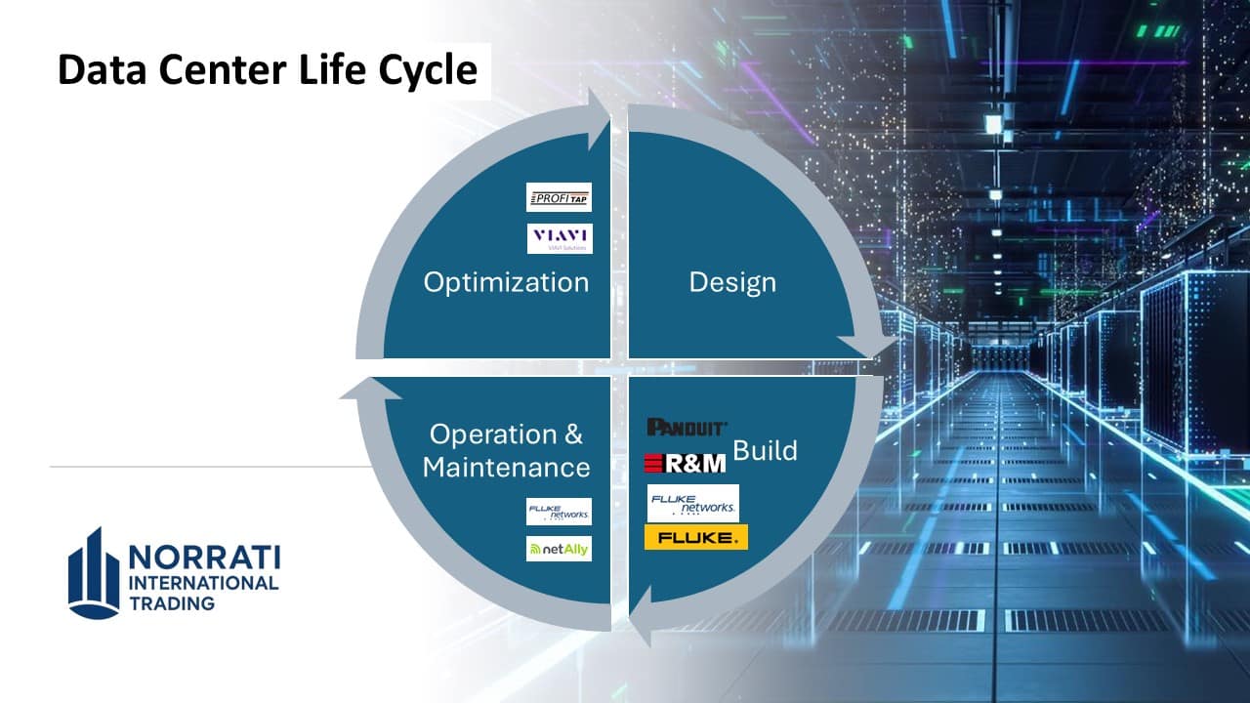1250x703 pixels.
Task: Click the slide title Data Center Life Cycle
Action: click(268, 70)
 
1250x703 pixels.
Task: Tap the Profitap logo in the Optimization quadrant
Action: click(559, 197)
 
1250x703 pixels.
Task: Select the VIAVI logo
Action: click(560, 238)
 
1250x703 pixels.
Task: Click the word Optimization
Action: click(506, 282)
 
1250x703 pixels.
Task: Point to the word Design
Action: click(732, 282)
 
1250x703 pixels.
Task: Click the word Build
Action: click(765, 450)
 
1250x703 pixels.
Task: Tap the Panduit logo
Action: click(687, 427)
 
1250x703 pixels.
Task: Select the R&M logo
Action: click(686, 462)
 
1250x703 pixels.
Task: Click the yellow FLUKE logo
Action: click(695, 537)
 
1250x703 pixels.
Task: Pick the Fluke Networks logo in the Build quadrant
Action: click(693, 504)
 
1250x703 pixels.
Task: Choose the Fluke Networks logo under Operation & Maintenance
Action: click(559, 512)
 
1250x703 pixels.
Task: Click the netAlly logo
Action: click(559, 549)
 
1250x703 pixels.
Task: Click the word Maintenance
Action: click(506, 467)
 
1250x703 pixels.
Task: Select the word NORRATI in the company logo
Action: click(204, 558)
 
